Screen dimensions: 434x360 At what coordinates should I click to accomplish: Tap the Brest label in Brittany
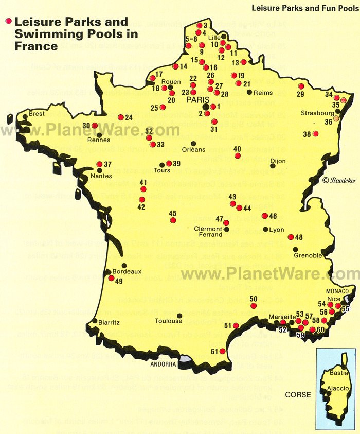[37, 114]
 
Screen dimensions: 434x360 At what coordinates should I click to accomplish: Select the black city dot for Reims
[249, 93]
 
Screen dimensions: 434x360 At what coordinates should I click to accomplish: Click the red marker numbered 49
[111, 277]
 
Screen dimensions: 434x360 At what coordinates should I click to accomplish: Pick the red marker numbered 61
[222, 352]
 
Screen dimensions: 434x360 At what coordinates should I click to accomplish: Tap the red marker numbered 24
[121, 117]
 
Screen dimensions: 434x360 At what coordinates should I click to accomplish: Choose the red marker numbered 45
[173, 220]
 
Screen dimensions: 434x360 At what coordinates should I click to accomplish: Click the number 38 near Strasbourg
[307, 134]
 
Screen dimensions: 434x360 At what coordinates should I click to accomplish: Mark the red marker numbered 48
[291, 237]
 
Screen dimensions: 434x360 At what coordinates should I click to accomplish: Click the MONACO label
[337, 291]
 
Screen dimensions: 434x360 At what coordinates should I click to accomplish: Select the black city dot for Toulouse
[179, 316]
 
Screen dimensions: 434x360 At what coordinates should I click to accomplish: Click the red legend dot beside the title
[8, 22]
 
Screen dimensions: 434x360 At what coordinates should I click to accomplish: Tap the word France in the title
[36, 46]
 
